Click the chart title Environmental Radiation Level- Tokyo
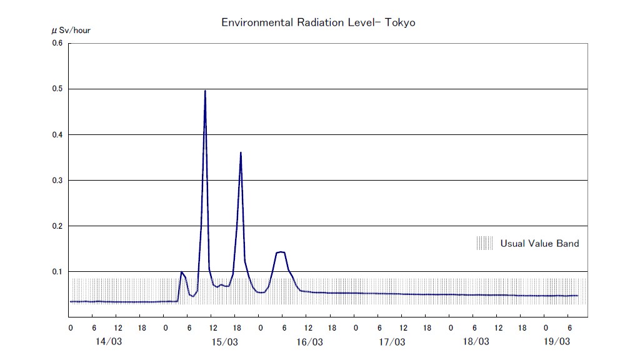click(x=318, y=22)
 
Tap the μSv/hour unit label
click(x=71, y=30)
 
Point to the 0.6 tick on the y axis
click(x=57, y=43)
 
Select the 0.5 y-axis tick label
click(x=57, y=89)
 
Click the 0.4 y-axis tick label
click(x=57, y=134)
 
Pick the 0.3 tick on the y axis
click(x=57, y=180)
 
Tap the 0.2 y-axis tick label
click(x=57, y=226)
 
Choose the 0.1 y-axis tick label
click(x=57, y=271)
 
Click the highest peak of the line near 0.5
click(x=205, y=91)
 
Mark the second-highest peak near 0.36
click(x=241, y=152)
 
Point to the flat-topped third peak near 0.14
click(x=281, y=252)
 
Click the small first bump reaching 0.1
click(x=181, y=272)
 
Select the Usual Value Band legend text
click(x=539, y=244)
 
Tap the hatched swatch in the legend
click(x=484, y=243)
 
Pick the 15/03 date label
click(x=225, y=342)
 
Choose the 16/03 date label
click(x=309, y=342)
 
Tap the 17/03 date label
click(x=392, y=342)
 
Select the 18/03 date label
click(x=476, y=342)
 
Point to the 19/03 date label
click(x=557, y=342)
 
